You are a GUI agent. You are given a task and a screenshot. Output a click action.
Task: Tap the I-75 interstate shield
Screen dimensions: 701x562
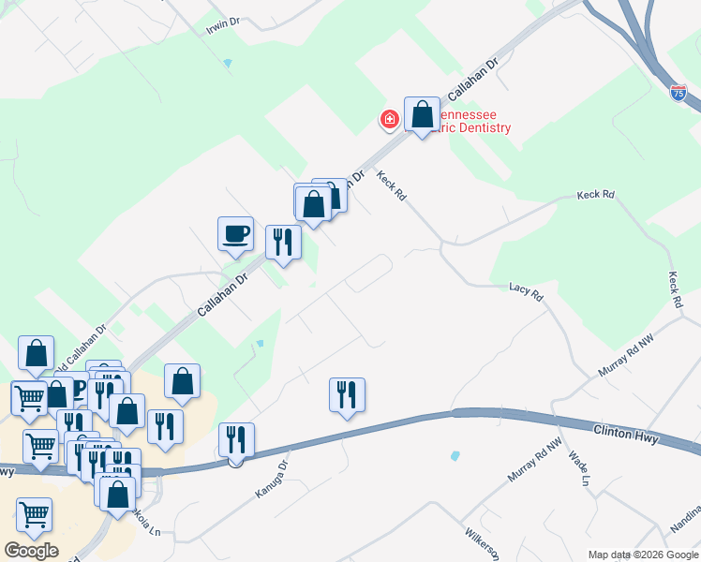[x=679, y=92]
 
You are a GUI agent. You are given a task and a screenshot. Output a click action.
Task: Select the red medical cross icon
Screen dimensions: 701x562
[x=388, y=119]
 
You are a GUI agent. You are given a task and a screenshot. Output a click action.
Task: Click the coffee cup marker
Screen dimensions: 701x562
[x=235, y=233]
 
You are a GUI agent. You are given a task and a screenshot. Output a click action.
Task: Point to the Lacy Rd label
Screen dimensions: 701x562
[x=526, y=292]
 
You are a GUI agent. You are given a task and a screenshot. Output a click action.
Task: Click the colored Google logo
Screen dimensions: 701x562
[x=30, y=551]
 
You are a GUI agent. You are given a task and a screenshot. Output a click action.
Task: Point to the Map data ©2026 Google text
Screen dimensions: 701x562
[x=643, y=555]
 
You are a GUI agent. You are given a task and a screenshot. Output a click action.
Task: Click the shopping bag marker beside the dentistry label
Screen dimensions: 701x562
[x=422, y=115]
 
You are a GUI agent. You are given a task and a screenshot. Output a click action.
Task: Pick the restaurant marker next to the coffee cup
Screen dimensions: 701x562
[x=283, y=242]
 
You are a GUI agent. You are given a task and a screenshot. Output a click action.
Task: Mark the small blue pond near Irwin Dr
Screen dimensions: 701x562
[x=228, y=63]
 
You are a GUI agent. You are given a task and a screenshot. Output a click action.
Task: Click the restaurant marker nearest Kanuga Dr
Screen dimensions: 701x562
[x=235, y=439]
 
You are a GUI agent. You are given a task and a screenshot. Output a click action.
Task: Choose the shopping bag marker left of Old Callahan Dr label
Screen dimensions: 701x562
[x=36, y=353]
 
